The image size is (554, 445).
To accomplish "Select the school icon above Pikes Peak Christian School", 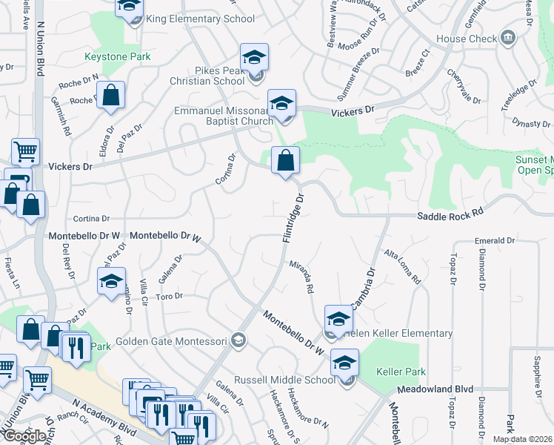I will pos(254,57).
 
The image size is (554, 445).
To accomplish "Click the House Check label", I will pos(467,39).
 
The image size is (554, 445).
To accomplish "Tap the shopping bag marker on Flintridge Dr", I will pos(285,160).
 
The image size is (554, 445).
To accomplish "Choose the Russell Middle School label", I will pos(284,380).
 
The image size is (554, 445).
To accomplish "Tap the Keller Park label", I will pos(399,369).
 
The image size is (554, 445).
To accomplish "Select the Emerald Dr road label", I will pos(495,241).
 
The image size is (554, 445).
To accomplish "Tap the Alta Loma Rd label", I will pos(402,267).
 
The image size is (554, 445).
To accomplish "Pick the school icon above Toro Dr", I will pos(111,281).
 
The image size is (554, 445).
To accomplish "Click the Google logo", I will pos(24,436).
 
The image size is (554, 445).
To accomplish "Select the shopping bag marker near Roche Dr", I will pos(110,96).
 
